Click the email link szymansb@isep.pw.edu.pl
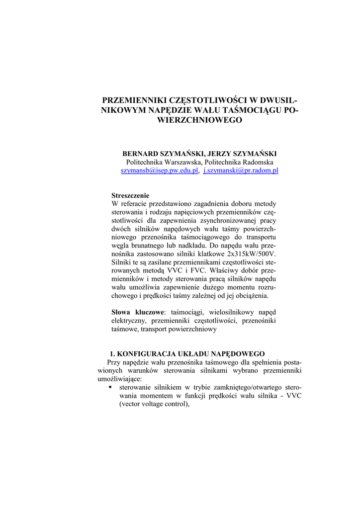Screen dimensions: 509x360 coord(160,170)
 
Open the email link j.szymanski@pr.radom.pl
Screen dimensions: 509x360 coord(241,170)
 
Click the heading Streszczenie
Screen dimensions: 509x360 coord(130,195)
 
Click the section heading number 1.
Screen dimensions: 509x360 coord(113,354)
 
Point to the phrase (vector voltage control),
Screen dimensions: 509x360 coord(155,404)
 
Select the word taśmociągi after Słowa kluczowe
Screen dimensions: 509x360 coord(187,312)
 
